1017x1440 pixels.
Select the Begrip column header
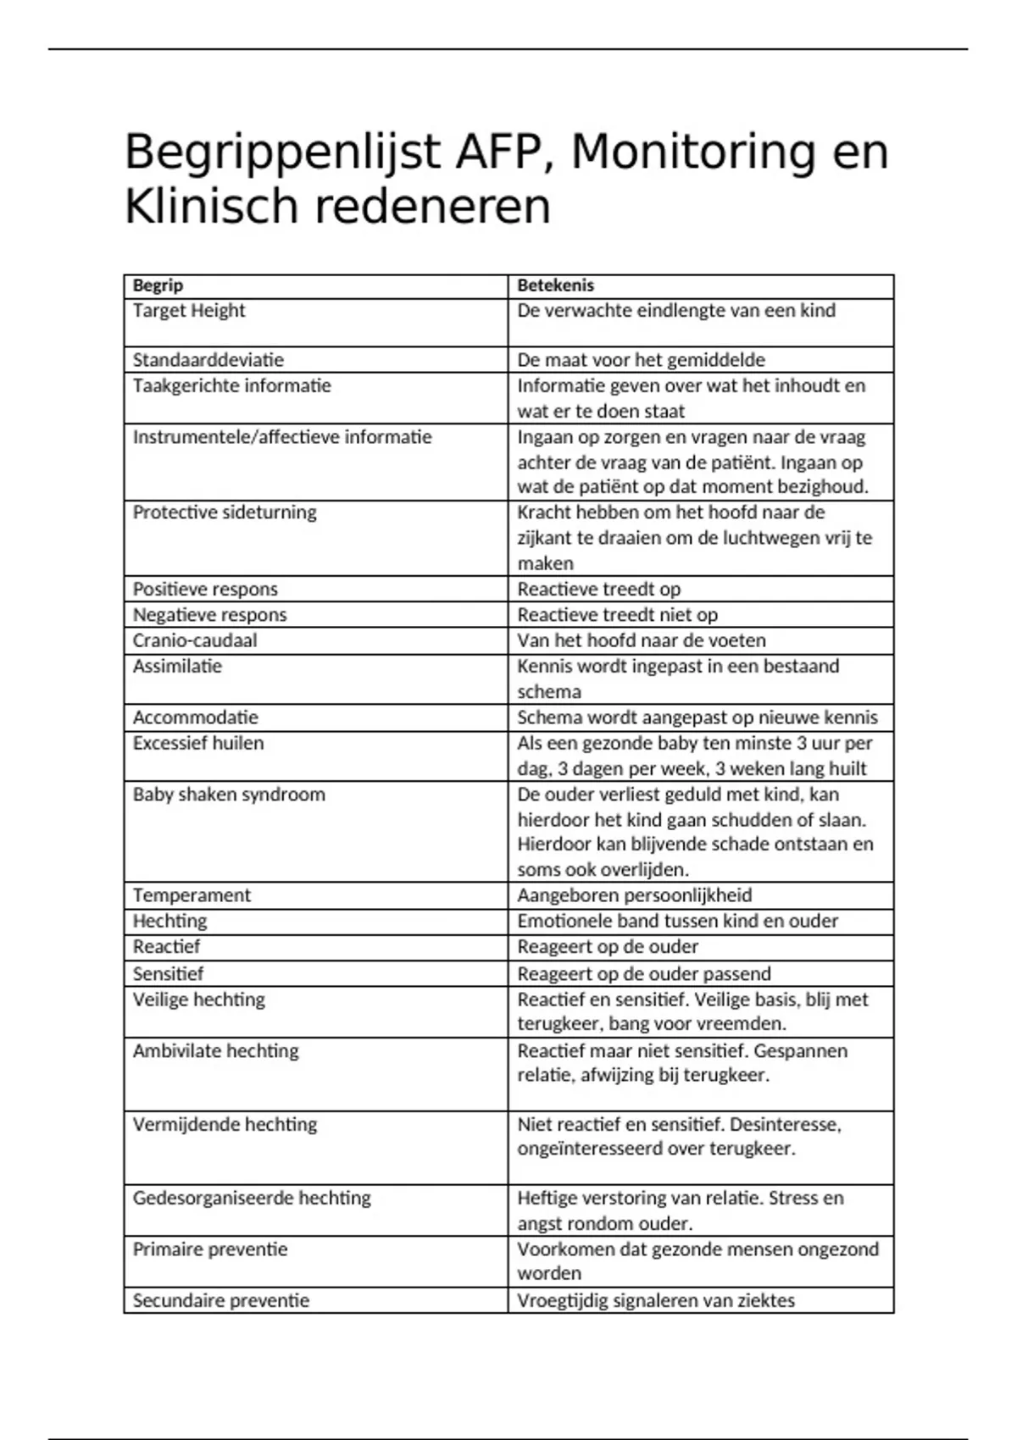(x=158, y=285)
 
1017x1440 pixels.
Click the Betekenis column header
(x=556, y=285)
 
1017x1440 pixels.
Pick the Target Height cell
(x=189, y=311)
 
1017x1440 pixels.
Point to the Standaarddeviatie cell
(x=208, y=360)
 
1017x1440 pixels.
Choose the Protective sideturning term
(x=225, y=512)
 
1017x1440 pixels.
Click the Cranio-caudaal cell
(x=195, y=640)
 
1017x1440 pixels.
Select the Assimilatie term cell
(x=177, y=667)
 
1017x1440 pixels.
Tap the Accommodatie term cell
(x=195, y=717)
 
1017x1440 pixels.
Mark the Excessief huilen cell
(x=198, y=744)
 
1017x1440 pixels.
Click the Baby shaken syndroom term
(x=229, y=795)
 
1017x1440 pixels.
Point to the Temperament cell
(x=192, y=895)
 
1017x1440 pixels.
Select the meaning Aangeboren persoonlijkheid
(x=635, y=895)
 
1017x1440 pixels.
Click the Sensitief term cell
(x=168, y=973)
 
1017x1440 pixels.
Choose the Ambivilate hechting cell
(x=216, y=1051)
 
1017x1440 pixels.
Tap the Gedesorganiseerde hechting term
(x=252, y=1199)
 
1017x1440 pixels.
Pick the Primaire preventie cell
(x=210, y=1249)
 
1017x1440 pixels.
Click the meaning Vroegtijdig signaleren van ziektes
(x=656, y=1301)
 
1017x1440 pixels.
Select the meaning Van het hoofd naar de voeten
(x=642, y=640)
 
